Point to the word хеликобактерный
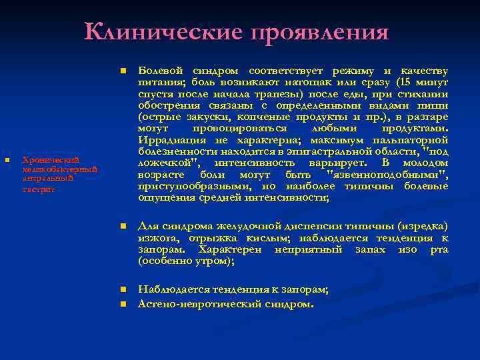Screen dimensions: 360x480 pyautogui.click(x=60, y=169)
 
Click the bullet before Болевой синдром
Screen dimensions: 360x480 pyautogui.click(x=123, y=71)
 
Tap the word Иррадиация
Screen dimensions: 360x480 pyautogui.click(x=171, y=140)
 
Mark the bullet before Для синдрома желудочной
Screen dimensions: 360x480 pyautogui.click(x=123, y=227)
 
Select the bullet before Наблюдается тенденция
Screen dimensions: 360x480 pyautogui.click(x=123, y=290)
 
